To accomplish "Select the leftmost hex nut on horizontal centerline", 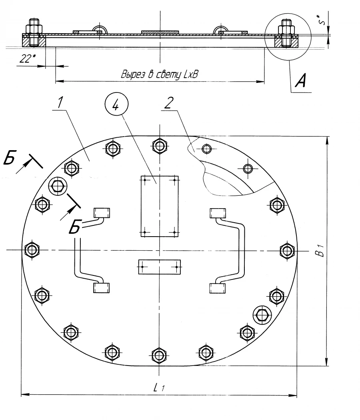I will (x=32, y=250).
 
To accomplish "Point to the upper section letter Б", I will (x=9, y=159).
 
